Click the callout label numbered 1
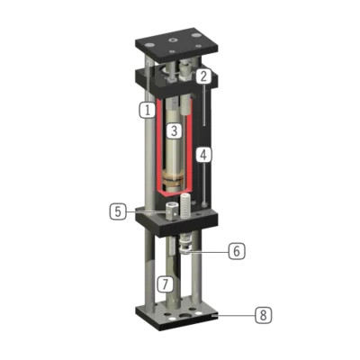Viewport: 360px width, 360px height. tap(147, 110)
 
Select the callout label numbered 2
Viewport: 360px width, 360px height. tap(203, 76)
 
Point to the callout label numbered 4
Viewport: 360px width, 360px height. tap(203, 155)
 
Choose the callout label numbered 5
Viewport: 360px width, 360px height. tap(118, 211)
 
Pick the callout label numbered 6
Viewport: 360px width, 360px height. tap(237, 251)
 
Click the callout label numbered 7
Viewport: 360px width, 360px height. tap(166, 283)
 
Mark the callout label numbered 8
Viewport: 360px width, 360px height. tap(264, 315)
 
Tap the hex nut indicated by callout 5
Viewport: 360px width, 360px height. tap(172, 211)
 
